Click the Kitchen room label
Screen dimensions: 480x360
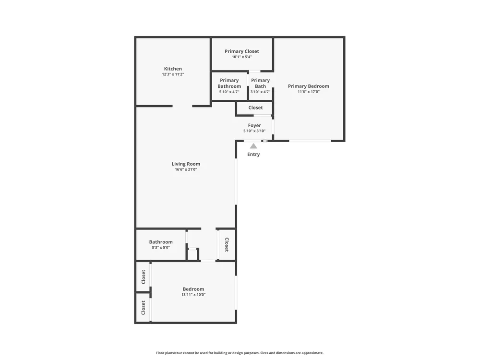173,69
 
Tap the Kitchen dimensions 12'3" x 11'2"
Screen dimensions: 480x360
173,74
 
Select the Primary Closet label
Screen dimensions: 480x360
242,51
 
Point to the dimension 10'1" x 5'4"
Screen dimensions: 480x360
242,57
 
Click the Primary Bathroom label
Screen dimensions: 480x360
229,83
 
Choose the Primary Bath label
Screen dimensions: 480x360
261,83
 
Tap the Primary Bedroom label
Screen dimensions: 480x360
309,86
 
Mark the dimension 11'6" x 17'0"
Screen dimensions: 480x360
309,92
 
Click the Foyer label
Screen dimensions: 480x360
254,125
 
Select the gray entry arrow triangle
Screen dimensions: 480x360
253,146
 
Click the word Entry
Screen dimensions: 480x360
253,154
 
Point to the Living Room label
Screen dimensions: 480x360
186,164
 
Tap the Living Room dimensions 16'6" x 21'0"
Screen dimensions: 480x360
186,169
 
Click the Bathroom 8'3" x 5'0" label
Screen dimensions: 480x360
161,245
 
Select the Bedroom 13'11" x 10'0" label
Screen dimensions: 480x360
193,292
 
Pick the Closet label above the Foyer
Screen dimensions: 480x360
256,108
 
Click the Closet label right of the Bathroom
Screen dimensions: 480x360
227,245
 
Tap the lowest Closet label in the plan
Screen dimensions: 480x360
143,308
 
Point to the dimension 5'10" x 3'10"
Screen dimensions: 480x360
254,131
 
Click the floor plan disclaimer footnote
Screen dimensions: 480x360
240,353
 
